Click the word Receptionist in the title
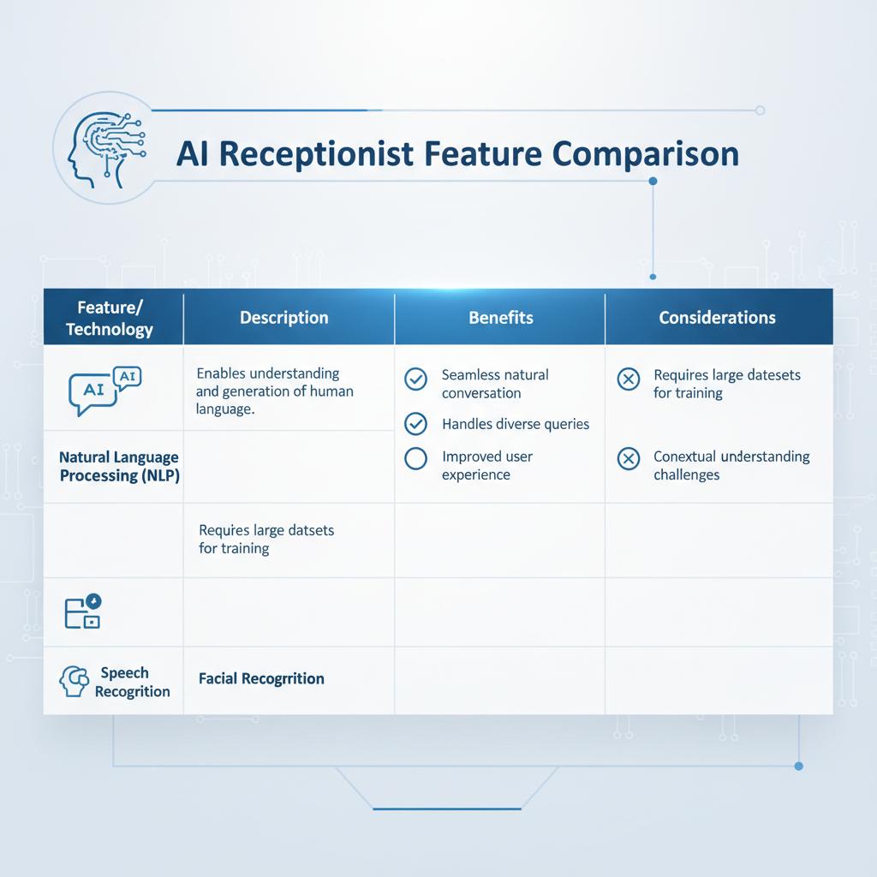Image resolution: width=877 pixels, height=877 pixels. [x=316, y=154]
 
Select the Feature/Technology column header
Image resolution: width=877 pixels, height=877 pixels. [x=110, y=318]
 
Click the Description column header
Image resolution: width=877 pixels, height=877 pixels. [x=284, y=318]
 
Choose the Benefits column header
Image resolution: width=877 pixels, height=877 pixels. [x=500, y=318]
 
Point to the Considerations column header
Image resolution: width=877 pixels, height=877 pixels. [x=717, y=318]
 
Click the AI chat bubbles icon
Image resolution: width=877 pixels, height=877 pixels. [x=104, y=391]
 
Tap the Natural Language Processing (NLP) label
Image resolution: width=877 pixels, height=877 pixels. [x=119, y=467]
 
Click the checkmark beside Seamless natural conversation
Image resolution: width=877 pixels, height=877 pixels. [x=415, y=379]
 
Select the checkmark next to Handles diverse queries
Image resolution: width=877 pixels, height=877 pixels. [x=415, y=424]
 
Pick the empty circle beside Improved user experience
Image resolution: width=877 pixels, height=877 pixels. [x=415, y=459]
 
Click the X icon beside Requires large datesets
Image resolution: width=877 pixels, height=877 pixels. [x=628, y=379]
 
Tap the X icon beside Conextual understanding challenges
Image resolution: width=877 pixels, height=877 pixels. [x=628, y=459]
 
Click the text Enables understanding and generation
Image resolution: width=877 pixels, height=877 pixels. [x=275, y=391]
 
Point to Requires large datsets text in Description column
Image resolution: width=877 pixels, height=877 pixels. [x=266, y=540]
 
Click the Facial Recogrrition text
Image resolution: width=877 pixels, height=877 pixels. [x=261, y=678]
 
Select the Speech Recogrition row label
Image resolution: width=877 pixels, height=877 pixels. [x=132, y=682]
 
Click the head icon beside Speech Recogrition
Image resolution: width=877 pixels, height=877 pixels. [x=74, y=681]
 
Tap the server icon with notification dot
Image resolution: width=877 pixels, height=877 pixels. [x=83, y=611]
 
